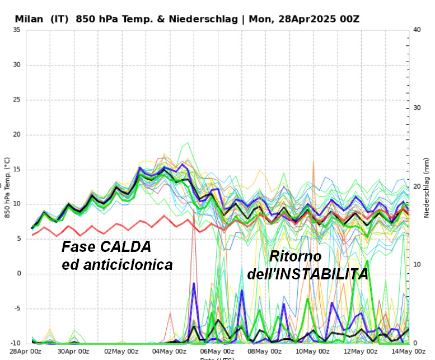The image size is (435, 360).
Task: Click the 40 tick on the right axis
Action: pyautogui.click(x=417, y=30)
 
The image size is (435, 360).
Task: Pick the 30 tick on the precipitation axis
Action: pyautogui.click(x=417, y=108)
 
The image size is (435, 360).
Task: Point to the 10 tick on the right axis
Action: pyautogui.click(x=417, y=265)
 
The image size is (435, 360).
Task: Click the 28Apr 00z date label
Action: pyautogui.click(x=26, y=352)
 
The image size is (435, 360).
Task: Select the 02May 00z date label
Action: pyautogui.click(x=121, y=352)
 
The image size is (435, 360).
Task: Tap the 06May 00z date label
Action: pyautogui.click(x=217, y=352)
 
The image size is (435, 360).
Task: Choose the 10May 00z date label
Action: pyautogui.click(x=312, y=352)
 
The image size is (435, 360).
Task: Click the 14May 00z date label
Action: pyautogui.click(x=406, y=352)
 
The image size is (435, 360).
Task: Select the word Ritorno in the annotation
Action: pyautogui.click(x=296, y=257)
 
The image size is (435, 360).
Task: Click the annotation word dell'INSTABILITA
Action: pyautogui.click(x=307, y=274)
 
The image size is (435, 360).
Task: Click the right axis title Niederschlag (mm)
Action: pyautogui.click(x=427, y=187)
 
